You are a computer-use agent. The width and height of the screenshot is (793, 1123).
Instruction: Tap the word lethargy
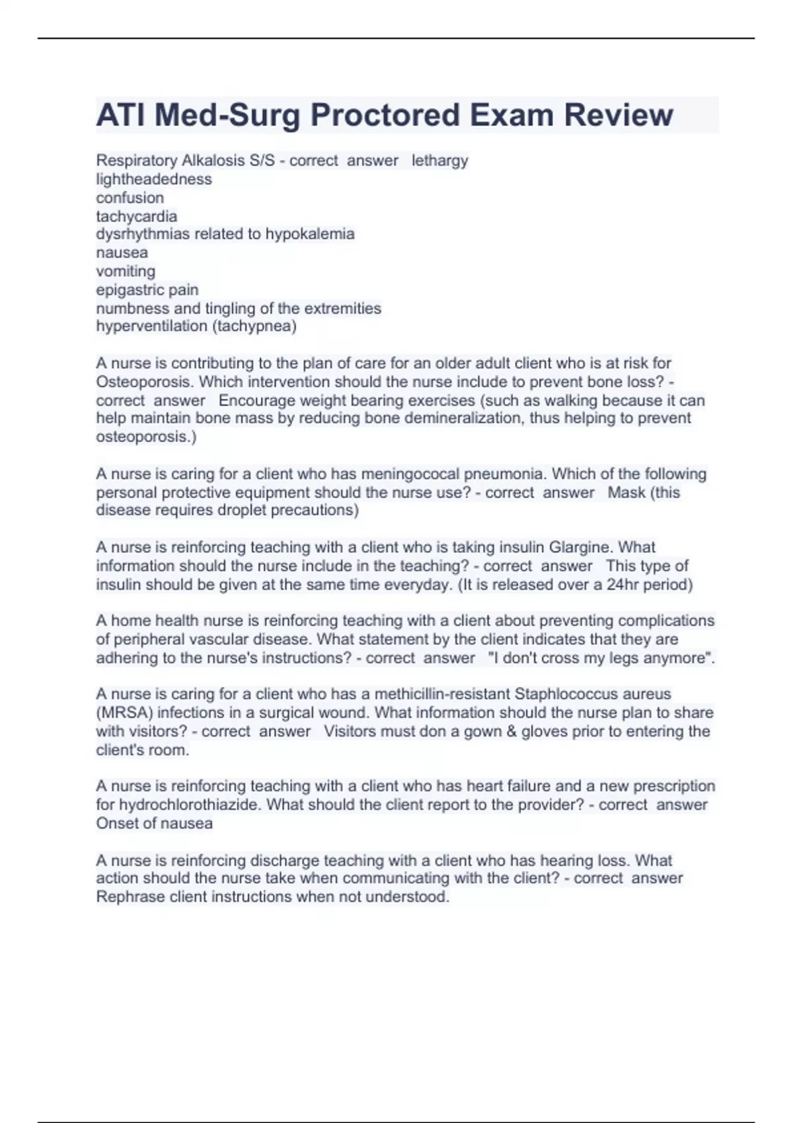[439, 161]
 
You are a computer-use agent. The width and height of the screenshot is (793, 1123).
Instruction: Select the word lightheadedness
[154, 179]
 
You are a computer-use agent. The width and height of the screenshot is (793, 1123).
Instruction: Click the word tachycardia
[136, 216]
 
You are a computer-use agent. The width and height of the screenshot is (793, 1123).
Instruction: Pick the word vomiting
[126, 271]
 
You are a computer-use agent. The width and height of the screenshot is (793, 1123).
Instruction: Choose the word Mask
[626, 492]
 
